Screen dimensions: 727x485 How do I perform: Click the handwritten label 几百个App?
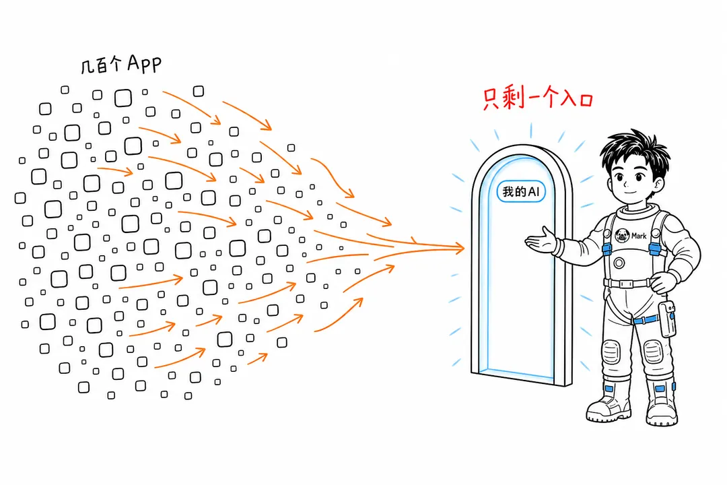[x=121, y=64]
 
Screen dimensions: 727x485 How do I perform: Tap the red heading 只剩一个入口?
[x=538, y=98]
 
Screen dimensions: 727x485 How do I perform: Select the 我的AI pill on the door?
[x=521, y=192]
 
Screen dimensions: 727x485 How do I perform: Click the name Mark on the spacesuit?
[x=638, y=236]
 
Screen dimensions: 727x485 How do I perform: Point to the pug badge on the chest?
[x=622, y=235]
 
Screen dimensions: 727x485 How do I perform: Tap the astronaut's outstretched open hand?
[x=541, y=240]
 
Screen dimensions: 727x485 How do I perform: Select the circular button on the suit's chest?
[x=619, y=263]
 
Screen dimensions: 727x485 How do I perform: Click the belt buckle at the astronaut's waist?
[x=627, y=283]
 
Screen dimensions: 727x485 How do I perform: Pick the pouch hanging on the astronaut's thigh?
[x=667, y=319]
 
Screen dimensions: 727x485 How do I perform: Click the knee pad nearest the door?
[x=611, y=352]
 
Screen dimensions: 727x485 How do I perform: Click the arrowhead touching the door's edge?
[x=458, y=248]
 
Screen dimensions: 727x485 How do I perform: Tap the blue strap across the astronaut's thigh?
[x=646, y=320]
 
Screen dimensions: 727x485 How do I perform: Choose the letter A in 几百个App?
[x=134, y=62]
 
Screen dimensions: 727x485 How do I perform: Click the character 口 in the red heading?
[x=586, y=100]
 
